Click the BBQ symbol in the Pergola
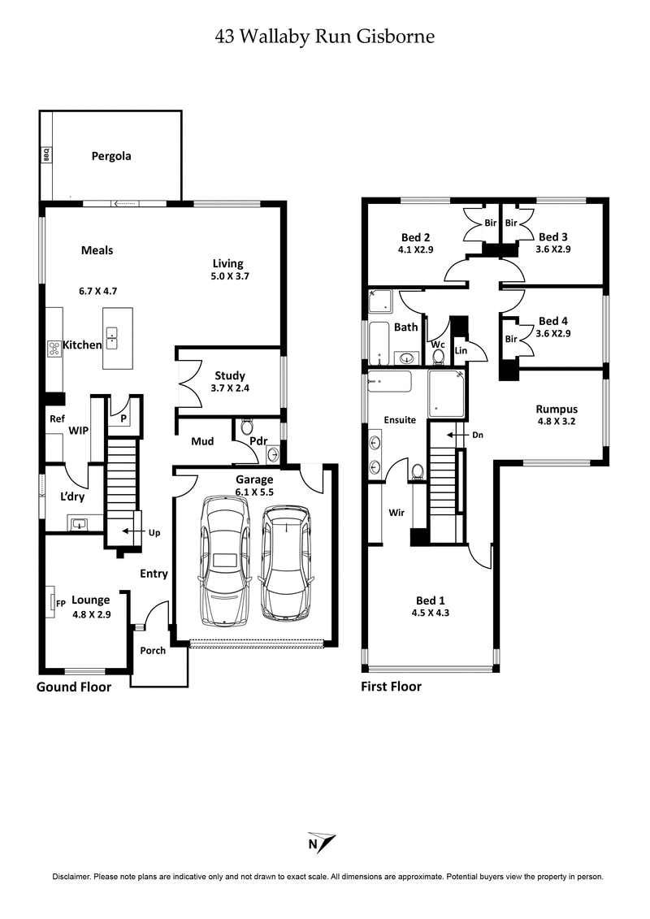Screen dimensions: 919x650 [x=46, y=154]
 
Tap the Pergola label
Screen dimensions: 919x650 [x=111, y=156]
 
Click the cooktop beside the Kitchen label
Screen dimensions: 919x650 [x=54, y=348]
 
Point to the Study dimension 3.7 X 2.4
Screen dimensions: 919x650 [x=230, y=389]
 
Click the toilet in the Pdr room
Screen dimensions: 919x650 [x=248, y=426]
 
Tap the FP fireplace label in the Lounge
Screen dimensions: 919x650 [x=60, y=604]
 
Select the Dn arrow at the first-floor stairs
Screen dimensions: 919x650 [x=470, y=436]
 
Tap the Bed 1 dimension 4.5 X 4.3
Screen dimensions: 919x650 [x=430, y=613]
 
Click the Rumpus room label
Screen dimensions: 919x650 [x=557, y=409]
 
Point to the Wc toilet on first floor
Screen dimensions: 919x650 [x=439, y=357]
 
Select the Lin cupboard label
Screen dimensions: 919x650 [x=461, y=349]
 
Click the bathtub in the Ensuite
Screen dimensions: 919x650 [x=389, y=382]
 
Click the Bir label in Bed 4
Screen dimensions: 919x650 [x=510, y=339]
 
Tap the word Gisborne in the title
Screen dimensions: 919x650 [x=396, y=37]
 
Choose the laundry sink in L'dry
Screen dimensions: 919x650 [x=80, y=524]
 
